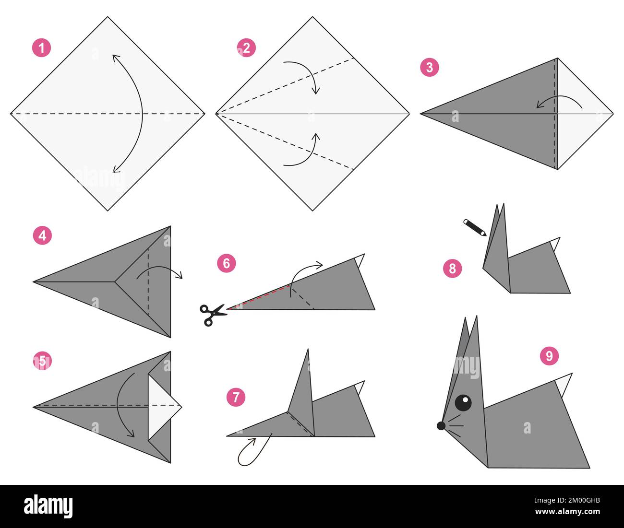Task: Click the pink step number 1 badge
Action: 41,48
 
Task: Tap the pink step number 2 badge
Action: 246,48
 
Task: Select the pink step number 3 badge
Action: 429,68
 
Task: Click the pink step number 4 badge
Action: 42,236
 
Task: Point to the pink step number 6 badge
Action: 226,263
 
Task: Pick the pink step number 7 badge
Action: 235,398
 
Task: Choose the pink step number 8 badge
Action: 452,268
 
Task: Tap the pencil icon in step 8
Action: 474,227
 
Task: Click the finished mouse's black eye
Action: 463,402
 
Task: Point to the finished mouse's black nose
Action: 441,425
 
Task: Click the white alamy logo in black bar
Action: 48,506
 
